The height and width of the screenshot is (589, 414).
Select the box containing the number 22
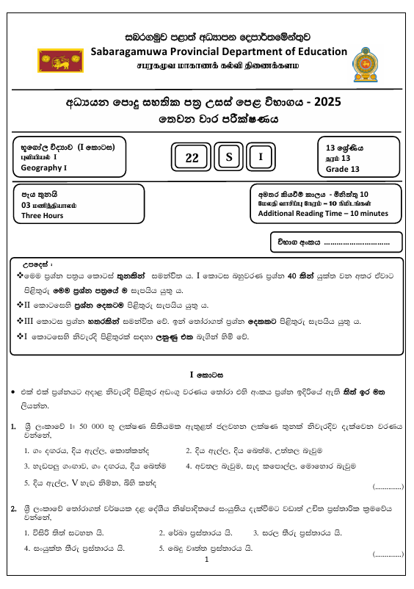point(192,157)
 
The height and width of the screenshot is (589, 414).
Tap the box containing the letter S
point(229,157)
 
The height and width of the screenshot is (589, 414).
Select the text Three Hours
point(42,216)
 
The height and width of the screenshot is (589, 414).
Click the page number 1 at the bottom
point(207,560)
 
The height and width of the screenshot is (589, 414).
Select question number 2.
point(14,508)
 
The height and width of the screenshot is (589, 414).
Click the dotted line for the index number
point(356,242)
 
